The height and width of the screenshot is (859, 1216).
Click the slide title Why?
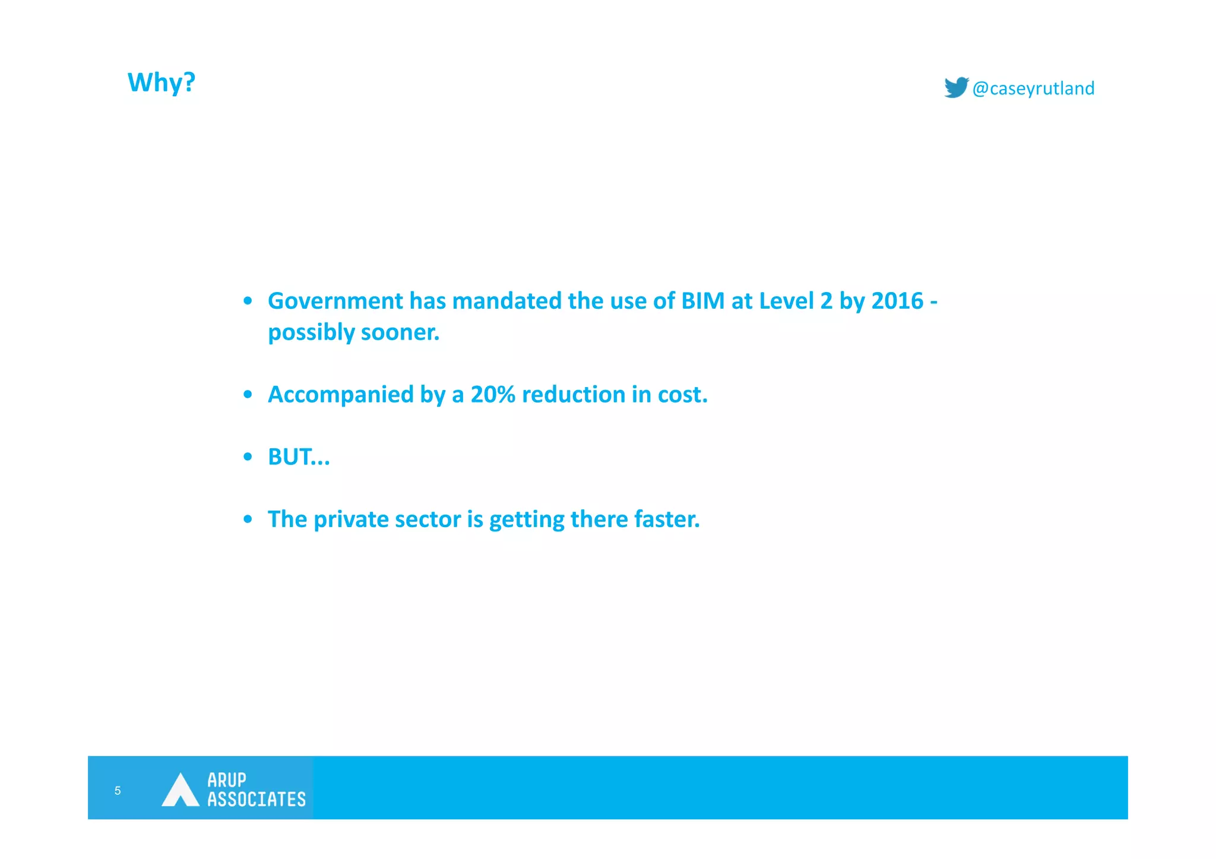point(161,83)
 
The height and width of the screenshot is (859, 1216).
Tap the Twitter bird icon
point(956,87)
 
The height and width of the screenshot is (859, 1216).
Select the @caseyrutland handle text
point(1033,88)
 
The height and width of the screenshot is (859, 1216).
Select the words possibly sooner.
point(353,332)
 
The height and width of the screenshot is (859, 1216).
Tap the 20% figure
point(493,395)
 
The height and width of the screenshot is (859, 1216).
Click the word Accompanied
point(340,395)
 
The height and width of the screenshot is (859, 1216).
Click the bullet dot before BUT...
point(248,457)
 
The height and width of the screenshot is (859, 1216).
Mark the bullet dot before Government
point(248,301)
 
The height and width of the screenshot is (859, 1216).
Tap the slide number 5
point(118,791)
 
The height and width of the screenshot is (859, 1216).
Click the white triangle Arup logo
point(180,791)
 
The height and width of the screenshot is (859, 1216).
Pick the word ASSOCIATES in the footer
point(256,800)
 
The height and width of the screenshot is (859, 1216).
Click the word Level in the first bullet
point(787,301)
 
